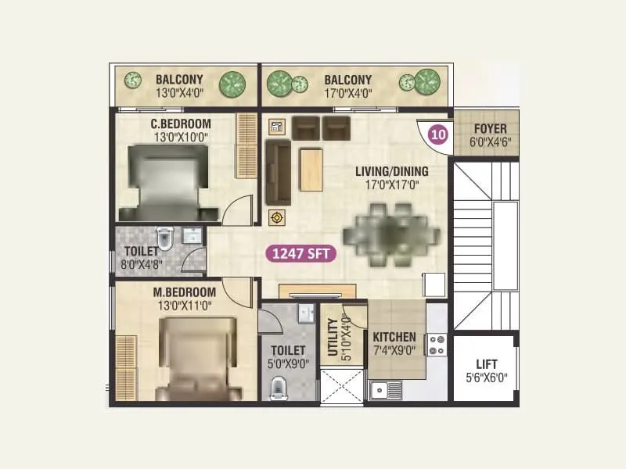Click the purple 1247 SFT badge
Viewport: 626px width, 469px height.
point(301,252)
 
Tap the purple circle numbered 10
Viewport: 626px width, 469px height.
point(437,134)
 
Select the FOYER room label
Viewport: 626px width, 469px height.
point(490,129)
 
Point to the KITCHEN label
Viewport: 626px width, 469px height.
point(394,338)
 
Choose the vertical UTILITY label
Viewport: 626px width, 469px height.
point(333,337)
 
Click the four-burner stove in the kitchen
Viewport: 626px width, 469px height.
point(436,345)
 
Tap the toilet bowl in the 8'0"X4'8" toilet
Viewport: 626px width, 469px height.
point(164,235)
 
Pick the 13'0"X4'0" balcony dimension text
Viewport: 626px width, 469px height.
point(179,94)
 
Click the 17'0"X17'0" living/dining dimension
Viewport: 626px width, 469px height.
point(392,185)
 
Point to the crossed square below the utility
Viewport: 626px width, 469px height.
point(342,385)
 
